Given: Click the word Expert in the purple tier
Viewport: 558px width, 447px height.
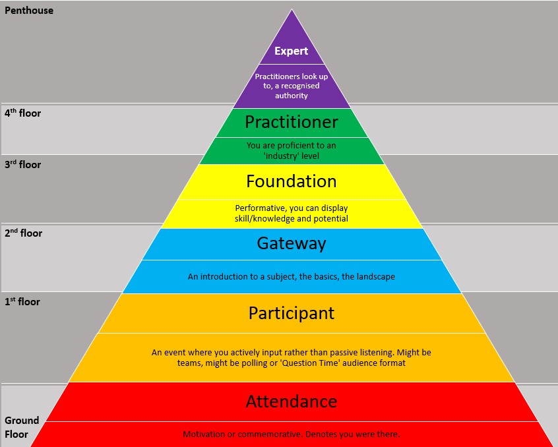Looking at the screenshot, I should tap(291, 51).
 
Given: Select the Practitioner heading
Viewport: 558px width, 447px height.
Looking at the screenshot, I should tap(291, 122).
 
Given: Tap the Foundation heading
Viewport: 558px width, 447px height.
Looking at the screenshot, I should tap(291, 181).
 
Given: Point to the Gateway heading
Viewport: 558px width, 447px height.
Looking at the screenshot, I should tap(291, 243).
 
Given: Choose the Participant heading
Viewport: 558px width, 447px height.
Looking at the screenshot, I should tap(291, 313).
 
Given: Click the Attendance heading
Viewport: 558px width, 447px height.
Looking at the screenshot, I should tap(291, 401).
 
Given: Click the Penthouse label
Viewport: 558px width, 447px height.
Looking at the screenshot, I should tap(29, 11).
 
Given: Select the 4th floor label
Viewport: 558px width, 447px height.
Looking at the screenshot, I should tap(22, 113).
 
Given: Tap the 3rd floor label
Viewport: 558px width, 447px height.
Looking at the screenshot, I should tap(22, 165).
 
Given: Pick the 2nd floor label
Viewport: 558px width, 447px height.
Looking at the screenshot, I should tap(23, 233).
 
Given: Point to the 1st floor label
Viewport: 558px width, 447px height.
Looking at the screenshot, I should tap(22, 302).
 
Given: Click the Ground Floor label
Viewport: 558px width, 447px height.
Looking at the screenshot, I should tap(22, 427).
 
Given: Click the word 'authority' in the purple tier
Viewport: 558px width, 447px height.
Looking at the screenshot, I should tap(291, 96).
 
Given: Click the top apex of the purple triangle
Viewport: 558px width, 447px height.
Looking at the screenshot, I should tap(291, 9).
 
